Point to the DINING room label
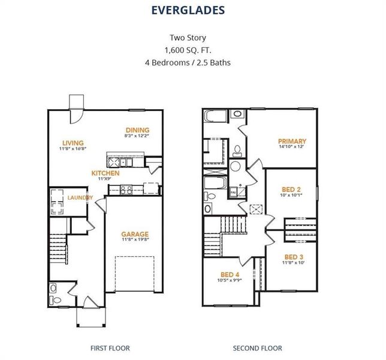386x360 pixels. pos(137,130)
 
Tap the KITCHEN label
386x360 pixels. pos(105,173)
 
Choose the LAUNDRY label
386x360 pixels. pos(79,197)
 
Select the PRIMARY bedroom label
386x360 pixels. pos(292,142)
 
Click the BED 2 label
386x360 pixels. pos(292,189)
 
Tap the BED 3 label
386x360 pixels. pos(294,257)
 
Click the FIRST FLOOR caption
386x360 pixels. pos(110,347)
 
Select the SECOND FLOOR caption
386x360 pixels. pos(257,347)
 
